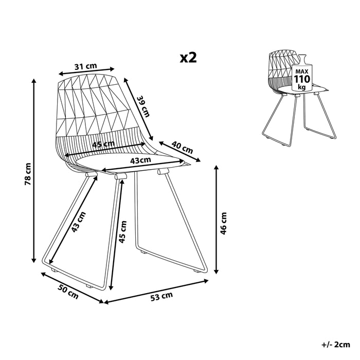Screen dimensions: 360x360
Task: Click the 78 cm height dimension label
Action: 29,173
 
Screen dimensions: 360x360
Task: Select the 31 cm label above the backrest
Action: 85,66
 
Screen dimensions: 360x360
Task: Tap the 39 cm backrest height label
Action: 145,105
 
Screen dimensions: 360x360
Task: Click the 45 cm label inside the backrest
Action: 103,145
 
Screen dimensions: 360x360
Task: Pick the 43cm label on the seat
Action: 140,160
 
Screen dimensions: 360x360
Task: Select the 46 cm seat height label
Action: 223,223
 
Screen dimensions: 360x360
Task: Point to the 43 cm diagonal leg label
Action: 79,223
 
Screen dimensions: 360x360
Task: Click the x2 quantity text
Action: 188,57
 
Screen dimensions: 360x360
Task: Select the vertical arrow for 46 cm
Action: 217,221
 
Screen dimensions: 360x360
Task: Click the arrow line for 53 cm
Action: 157,292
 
